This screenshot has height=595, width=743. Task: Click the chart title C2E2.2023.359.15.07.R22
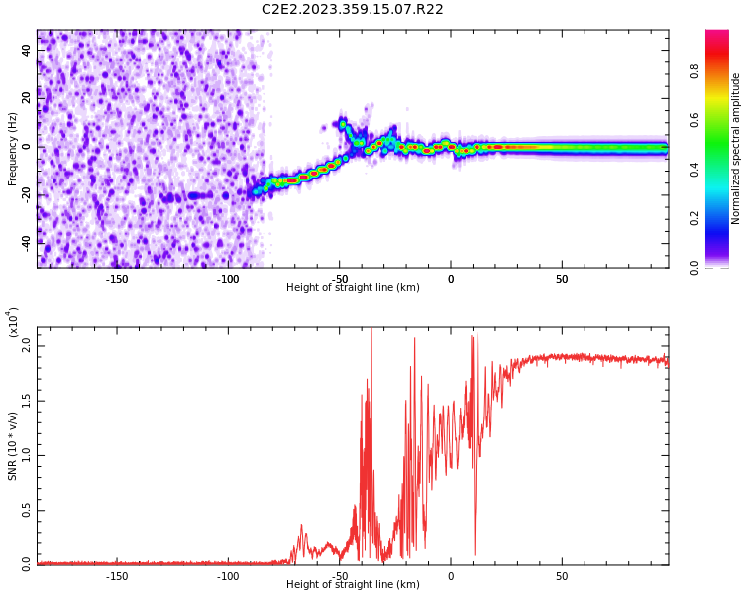point(353,10)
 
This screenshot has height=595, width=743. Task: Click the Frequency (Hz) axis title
point(13,149)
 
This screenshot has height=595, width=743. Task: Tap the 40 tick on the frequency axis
point(27,52)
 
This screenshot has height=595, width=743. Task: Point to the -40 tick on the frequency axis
point(27,241)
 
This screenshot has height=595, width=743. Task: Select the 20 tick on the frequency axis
point(27,99)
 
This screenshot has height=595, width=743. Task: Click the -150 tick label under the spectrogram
point(117,278)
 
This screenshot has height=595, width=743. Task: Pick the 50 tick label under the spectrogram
point(562,278)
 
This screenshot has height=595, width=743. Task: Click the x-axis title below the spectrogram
point(353,288)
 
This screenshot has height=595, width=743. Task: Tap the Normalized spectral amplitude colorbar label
point(736,149)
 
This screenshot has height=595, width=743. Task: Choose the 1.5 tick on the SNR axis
point(27,402)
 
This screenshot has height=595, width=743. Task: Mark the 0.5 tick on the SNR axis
point(27,510)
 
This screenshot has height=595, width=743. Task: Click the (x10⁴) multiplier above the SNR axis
point(13,322)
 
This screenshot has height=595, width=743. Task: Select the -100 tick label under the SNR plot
point(228,575)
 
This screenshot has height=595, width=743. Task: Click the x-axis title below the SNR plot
point(353,585)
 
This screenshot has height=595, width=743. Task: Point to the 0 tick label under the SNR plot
point(451,575)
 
